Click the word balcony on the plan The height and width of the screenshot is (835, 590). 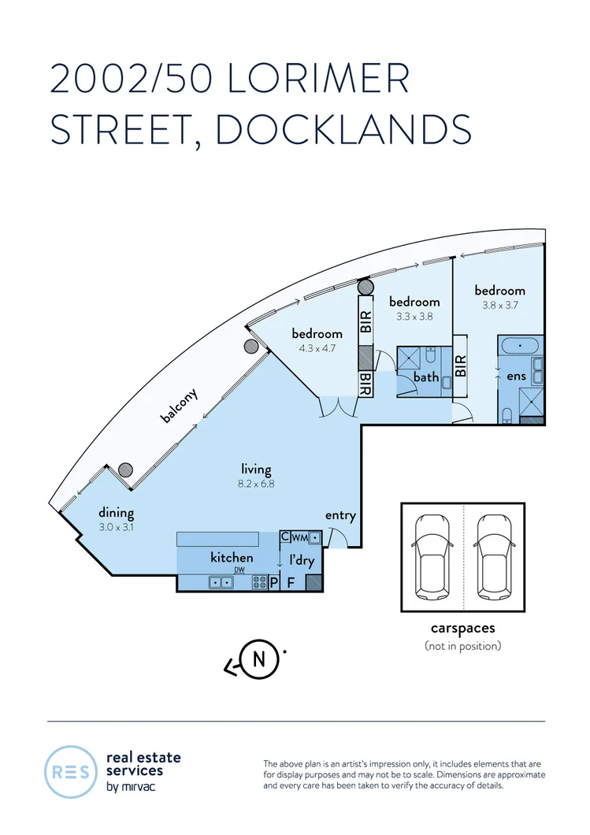tap(180, 406)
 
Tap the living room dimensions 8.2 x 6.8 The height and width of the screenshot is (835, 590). tap(256, 484)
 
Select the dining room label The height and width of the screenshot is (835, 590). tap(116, 513)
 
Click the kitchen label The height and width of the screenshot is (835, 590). tap(232, 558)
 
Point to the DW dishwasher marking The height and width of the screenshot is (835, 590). tap(239, 570)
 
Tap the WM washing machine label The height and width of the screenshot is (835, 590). tap(300, 538)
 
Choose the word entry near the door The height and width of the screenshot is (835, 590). tap(340, 516)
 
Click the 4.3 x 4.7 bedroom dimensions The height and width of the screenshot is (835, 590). tap(317, 347)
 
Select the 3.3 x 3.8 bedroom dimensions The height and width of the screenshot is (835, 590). tap(414, 317)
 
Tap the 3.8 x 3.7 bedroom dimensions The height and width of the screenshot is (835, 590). tap(499, 305)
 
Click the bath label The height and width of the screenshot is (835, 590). tap(426, 377)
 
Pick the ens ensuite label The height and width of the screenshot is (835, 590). tap(516, 376)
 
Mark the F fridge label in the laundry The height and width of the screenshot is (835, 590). tap(290, 583)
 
